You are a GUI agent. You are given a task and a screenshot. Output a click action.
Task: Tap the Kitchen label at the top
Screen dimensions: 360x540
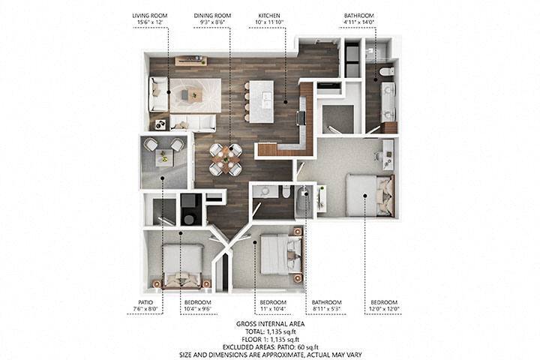click(x=269, y=14)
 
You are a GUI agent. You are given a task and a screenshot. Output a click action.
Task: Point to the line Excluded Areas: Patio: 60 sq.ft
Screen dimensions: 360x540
click(x=269, y=346)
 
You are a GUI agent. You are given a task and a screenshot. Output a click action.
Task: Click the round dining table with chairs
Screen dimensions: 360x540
click(x=225, y=158)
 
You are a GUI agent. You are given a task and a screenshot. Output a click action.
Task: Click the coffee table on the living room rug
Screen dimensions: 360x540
click(x=193, y=94)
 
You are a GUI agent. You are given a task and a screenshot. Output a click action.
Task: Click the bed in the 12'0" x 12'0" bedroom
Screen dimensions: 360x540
click(x=369, y=193)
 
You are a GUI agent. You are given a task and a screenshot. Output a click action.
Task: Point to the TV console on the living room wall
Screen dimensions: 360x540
click(x=190, y=61)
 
